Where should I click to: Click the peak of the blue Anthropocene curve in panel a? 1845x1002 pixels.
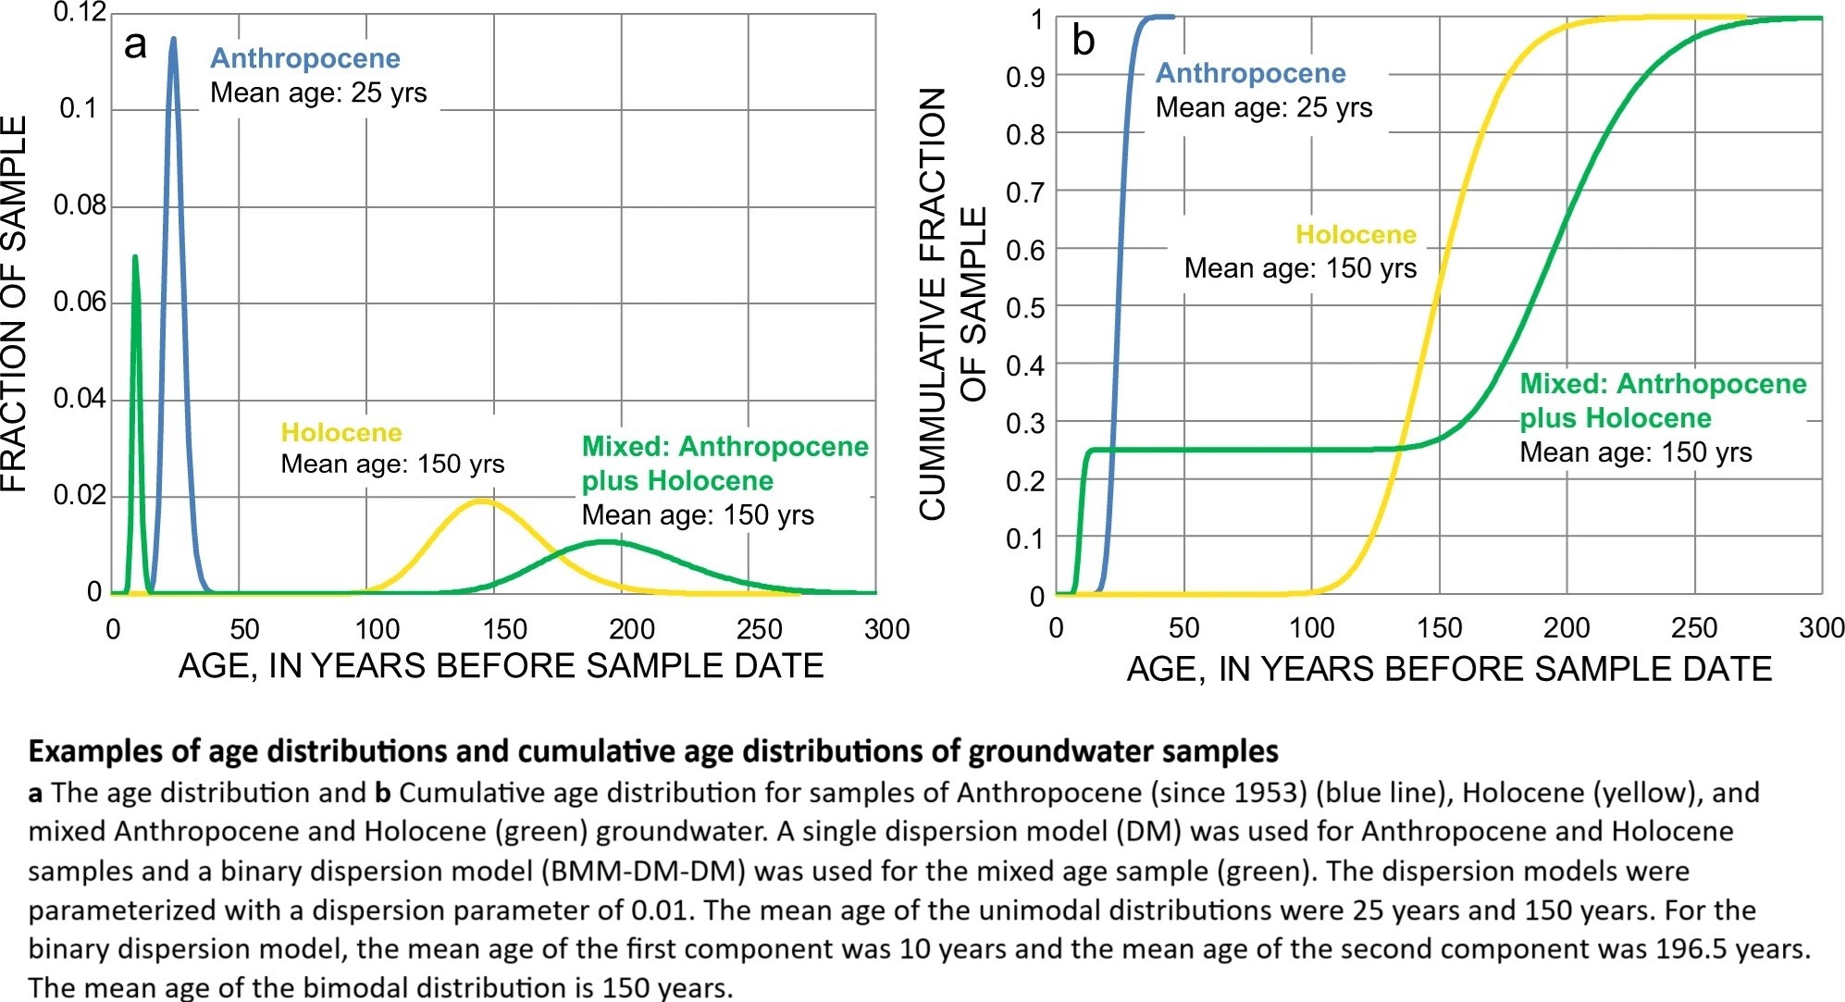click(x=173, y=39)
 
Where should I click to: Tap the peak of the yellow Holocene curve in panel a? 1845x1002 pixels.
click(x=482, y=501)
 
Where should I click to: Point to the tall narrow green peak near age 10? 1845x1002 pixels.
click(x=135, y=257)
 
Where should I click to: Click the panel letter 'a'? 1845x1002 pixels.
click(x=135, y=44)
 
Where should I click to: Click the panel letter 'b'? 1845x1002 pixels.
click(x=1083, y=41)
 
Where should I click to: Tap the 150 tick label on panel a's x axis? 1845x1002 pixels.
click(x=504, y=629)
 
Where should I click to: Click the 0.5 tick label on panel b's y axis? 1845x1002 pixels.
click(x=1025, y=307)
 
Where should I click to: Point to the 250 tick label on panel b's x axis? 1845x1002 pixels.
click(x=1693, y=628)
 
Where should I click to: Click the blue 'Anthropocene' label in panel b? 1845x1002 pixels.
click(x=1250, y=73)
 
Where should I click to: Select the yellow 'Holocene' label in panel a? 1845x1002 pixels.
click(x=341, y=432)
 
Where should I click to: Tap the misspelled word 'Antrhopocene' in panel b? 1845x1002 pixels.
click(x=1711, y=384)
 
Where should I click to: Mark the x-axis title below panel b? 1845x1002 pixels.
click(x=1448, y=669)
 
